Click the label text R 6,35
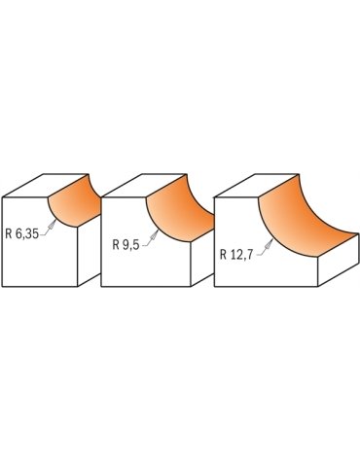(x=23, y=233)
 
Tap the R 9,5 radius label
(x=124, y=245)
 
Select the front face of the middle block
(x=146, y=267)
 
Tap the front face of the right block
(x=263, y=272)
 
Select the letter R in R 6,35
(x=9, y=233)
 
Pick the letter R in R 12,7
(x=224, y=255)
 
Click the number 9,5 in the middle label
(x=129, y=245)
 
